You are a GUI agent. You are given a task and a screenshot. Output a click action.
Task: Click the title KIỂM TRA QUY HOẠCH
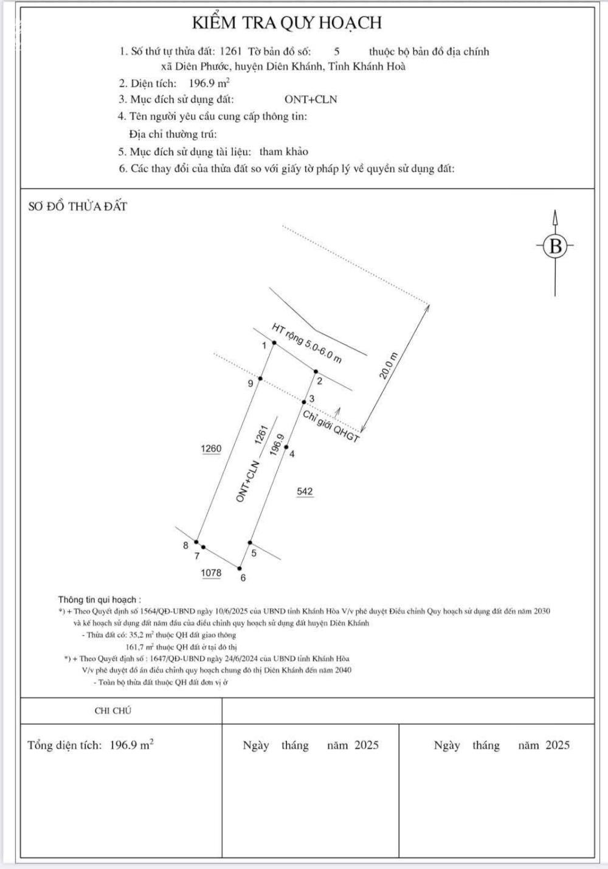point(287,23)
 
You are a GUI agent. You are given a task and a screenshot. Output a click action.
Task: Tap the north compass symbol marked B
point(555,246)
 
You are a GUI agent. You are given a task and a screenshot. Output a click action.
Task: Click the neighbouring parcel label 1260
point(211,449)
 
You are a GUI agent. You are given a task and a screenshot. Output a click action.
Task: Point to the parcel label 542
point(305,491)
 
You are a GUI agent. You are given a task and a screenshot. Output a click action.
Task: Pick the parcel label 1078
point(211,573)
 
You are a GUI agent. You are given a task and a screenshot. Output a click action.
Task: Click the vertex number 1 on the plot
point(264,345)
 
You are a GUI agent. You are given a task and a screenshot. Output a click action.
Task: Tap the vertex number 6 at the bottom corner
point(243,578)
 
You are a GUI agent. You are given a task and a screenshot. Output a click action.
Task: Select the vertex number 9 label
point(250,383)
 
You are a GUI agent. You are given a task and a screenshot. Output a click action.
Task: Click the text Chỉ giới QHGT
point(331,426)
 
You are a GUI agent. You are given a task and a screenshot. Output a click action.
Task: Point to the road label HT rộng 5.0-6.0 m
point(306,344)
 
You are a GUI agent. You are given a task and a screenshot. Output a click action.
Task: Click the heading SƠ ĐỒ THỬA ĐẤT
point(78,207)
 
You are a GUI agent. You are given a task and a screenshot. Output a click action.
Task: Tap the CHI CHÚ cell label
point(113,710)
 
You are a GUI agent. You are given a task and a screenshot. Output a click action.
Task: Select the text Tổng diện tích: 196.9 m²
point(91,745)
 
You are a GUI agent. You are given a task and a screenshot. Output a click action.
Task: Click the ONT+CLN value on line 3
point(311,100)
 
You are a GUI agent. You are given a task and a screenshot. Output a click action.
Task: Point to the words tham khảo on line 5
point(284,151)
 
